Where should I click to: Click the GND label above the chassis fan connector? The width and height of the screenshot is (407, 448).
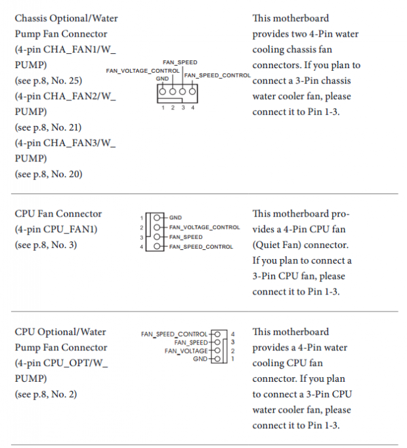click(162, 79)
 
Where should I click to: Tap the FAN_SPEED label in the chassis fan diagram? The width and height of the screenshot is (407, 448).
click(180, 62)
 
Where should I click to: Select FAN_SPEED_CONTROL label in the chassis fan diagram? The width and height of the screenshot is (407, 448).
click(217, 75)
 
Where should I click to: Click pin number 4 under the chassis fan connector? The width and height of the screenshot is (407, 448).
click(193, 108)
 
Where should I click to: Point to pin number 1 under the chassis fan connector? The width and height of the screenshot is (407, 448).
click(163, 108)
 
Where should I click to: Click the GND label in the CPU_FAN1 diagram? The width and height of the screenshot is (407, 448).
click(175, 218)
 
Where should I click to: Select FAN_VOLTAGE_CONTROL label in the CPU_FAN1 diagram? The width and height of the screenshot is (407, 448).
click(205, 228)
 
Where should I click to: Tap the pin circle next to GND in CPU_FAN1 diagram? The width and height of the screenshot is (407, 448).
click(157, 218)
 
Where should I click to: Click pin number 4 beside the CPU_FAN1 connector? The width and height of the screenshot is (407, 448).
click(141, 247)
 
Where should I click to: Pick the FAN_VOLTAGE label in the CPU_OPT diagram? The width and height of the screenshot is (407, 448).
click(186, 351)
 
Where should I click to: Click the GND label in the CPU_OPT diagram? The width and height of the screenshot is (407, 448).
click(200, 359)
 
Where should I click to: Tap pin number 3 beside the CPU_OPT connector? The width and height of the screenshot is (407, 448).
click(233, 342)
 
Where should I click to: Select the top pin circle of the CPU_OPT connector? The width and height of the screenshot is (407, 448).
click(217, 334)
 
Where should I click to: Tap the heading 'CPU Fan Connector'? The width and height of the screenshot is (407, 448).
click(58, 214)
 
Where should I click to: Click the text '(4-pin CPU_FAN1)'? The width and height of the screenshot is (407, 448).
click(56, 230)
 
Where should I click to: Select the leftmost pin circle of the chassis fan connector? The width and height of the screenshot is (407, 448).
click(162, 92)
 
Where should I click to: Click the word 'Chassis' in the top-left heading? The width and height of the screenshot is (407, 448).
click(31, 18)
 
